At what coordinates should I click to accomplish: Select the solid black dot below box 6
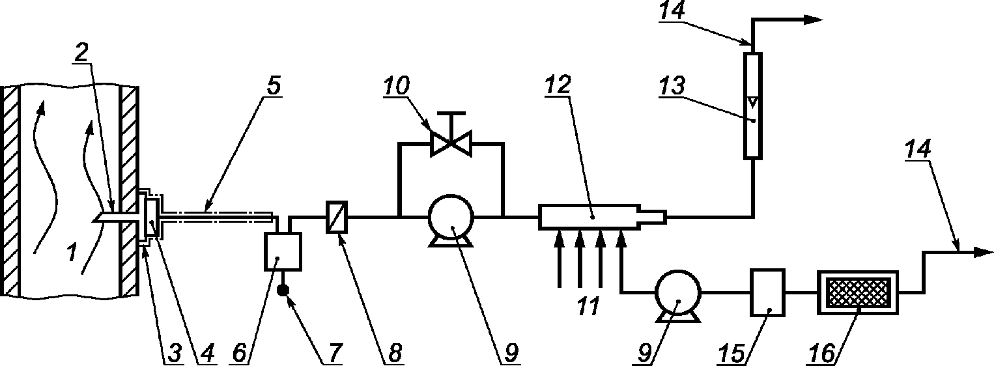tap(283, 290)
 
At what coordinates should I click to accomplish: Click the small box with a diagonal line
tap(337, 216)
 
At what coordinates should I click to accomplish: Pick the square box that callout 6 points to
tap(283, 251)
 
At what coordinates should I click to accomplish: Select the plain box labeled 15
tap(768, 292)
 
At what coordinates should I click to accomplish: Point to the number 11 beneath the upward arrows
tap(588, 306)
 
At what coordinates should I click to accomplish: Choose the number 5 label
tap(274, 85)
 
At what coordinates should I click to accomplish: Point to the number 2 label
tap(81, 53)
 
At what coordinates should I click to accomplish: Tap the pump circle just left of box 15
tap(677, 292)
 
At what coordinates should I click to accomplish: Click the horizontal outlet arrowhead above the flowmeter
tap(813, 20)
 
